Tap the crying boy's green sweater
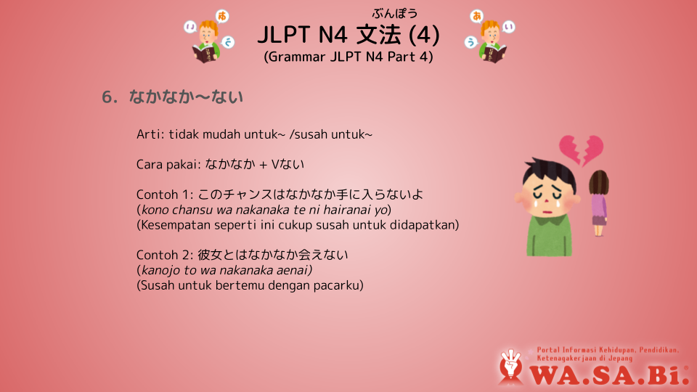550,234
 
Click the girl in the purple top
599,203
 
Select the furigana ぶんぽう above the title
395,14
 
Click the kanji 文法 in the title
378,35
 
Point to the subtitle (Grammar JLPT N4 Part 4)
348,57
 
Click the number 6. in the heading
110,97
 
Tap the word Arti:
150,134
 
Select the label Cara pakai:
168,165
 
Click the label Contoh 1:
165,195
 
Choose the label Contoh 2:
165,255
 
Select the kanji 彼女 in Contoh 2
210,255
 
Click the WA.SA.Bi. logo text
609,375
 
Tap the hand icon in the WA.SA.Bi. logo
510,366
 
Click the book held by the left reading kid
205,54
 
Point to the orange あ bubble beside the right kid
477,16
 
